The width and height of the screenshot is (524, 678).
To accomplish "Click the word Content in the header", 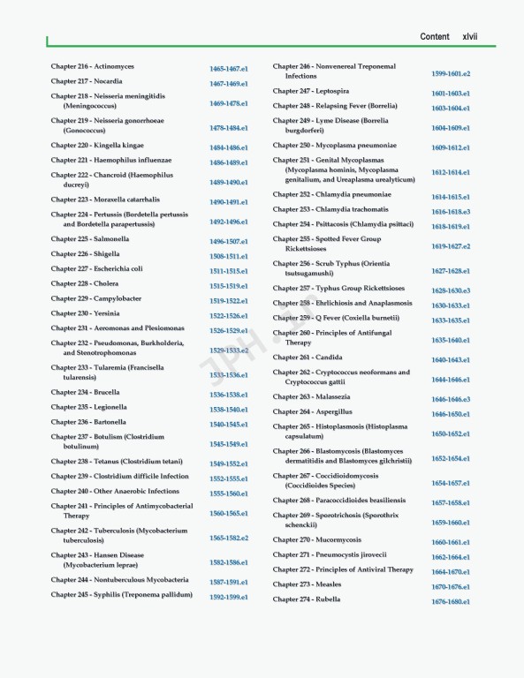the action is [434, 36].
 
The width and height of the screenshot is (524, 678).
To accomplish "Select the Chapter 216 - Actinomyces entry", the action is [93, 66].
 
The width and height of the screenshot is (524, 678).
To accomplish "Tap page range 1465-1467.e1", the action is [228, 69].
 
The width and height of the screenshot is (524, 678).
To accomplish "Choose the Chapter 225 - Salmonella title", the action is [90, 239].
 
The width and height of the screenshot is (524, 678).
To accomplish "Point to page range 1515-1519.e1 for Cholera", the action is [228, 286].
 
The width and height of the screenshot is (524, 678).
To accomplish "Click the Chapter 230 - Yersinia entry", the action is [87, 313].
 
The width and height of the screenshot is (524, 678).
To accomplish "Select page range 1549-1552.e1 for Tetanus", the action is [228, 463].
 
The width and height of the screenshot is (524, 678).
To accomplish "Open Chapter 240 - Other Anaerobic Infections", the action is [115, 491].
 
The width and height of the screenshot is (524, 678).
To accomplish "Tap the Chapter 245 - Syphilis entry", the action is [121, 594].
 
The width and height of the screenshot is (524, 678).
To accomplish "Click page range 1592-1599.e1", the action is [228, 597].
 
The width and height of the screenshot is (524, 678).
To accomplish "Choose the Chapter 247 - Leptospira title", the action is [310, 91].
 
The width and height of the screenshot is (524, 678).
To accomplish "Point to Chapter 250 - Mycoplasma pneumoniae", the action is [334, 145].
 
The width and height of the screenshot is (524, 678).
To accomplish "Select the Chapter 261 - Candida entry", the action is [308, 358].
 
